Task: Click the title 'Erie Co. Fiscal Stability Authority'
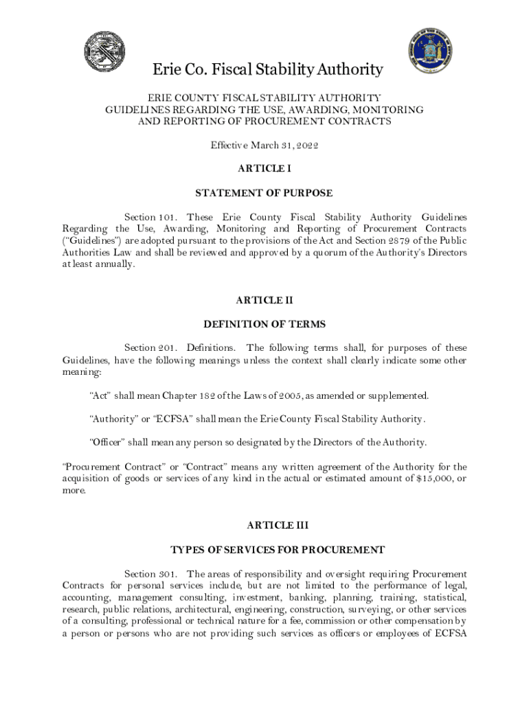pos(267,70)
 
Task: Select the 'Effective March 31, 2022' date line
pos(264,146)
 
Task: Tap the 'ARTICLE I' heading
pos(264,169)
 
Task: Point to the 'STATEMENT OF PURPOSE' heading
pos(264,193)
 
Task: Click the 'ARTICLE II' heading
pos(264,300)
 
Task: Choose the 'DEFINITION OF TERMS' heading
pos(264,324)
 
